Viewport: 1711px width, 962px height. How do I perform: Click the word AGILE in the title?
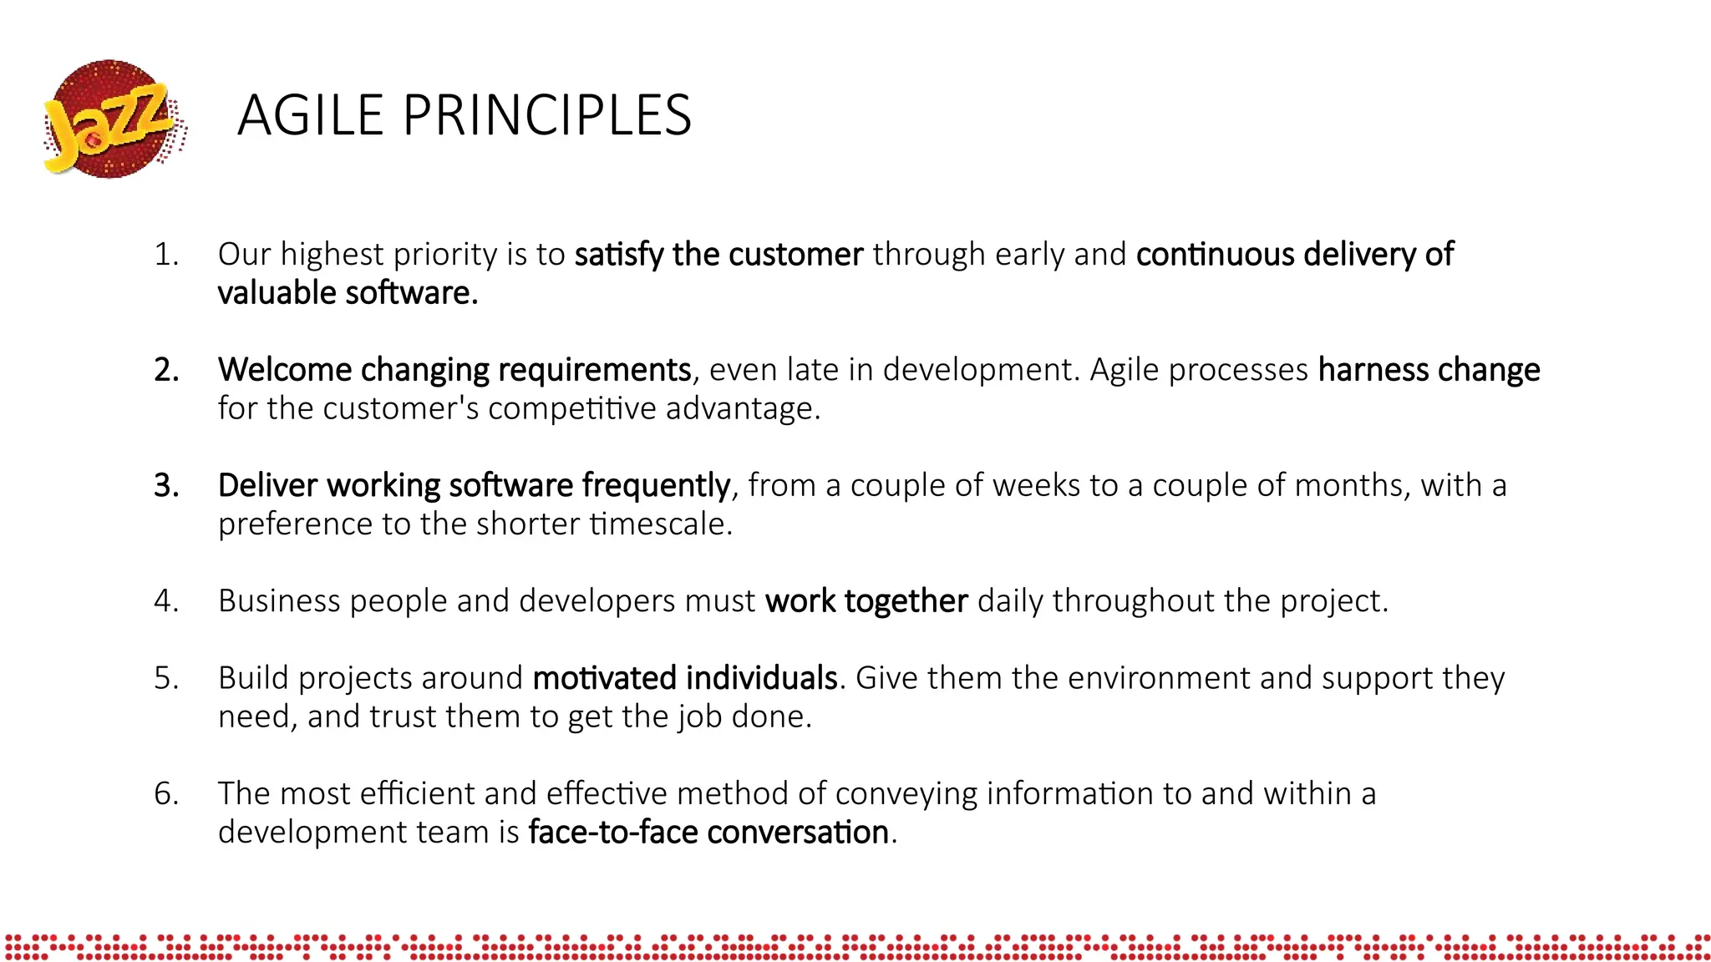pos(310,115)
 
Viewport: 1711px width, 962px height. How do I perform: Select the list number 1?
pos(166,255)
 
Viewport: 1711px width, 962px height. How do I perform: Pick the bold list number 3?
pos(166,486)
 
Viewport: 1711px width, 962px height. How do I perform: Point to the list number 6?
pos(166,794)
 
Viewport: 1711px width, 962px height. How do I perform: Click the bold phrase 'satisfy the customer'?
pos(718,255)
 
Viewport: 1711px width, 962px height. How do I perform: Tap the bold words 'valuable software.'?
pos(348,294)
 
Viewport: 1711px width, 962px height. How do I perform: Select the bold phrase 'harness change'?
pos(1429,370)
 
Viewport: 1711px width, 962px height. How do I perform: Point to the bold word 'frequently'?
pos(656,486)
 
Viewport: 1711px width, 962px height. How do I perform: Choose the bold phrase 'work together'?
pos(866,601)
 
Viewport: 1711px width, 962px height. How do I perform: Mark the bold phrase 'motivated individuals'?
pos(685,678)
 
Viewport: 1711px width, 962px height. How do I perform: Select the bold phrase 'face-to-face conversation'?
pos(708,833)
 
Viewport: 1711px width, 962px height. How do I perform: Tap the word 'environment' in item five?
pos(1158,678)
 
